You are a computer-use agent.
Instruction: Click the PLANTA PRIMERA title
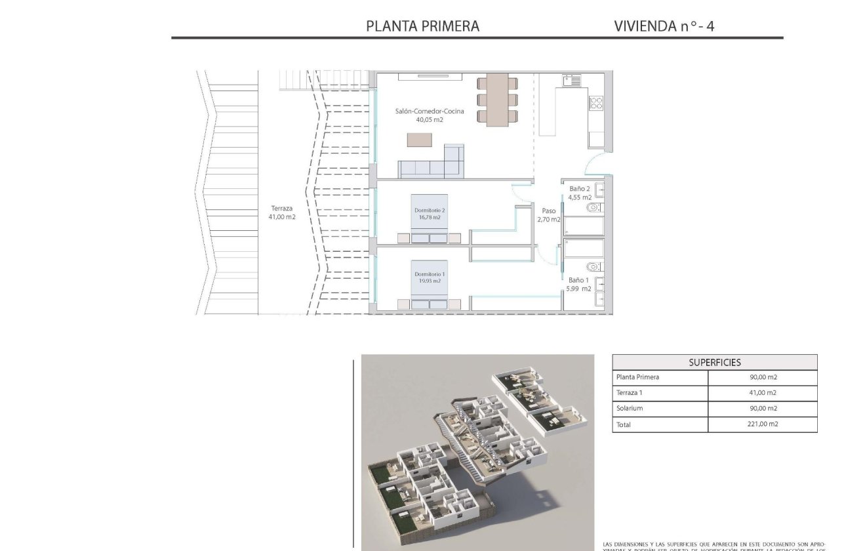(x=422, y=26)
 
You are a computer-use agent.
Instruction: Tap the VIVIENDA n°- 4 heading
(x=664, y=26)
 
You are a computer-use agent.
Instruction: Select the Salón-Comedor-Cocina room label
(x=430, y=112)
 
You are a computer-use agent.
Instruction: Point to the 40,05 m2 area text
(x=430, y=120)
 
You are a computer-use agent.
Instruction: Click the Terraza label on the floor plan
(x=281, y=209)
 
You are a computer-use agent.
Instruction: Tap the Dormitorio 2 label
(x=430, y=210)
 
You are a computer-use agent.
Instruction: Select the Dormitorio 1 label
(x=430, y=274)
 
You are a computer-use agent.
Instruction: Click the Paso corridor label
(x=549, y=211)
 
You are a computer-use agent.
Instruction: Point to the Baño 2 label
(x=580, y=189)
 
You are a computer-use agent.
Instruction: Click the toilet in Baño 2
(x=594, y=207)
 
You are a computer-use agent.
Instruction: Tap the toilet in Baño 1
(x=594, y=266)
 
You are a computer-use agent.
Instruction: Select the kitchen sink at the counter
(x=571, y=81)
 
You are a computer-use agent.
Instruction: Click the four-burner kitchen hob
(x=596, y=103)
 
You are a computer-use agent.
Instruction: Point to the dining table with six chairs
(x=496, y=98)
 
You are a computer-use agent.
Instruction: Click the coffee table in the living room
(x=420, y=140)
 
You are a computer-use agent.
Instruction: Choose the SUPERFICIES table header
(x=715, y=362)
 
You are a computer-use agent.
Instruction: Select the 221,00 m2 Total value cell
(x=762, y=424)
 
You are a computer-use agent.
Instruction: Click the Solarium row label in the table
(x=630, y=409)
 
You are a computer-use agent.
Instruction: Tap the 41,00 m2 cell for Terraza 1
(x=762, y=393)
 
